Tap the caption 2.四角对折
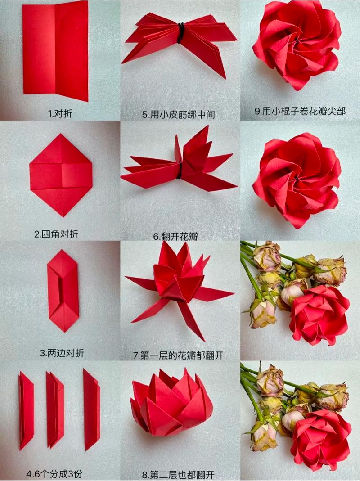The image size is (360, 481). [x=59, y=234]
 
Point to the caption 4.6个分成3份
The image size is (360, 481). [x=54, y=474]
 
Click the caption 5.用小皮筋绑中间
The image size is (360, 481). [x=178, y=115]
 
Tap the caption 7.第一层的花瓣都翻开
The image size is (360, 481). [x=178, y=355]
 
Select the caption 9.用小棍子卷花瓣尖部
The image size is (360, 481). [x=300, y=111]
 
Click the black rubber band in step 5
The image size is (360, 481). [x=180, y=32]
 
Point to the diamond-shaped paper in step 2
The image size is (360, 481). [x=61, y=175]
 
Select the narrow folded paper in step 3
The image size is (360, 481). [x=63, y=290]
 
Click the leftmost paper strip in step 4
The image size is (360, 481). [x=26, y=411]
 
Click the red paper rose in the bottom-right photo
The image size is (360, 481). [x=320, y=439]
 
